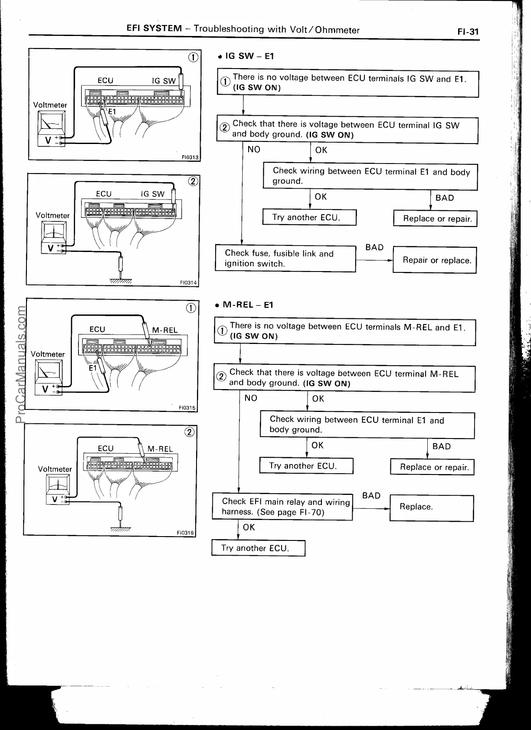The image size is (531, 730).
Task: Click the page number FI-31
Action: pyautogui.click(x=468, y=32)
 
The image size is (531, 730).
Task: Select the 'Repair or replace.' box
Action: pyautogui.click(x=434, y=260)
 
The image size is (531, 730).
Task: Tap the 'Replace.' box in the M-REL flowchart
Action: pyautogui.click(x=432, y=507)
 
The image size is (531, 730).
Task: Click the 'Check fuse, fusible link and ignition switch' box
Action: pyautogui.click(x=285, y=259)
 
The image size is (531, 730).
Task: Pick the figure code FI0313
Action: pyautogui.click(x=190, y=157)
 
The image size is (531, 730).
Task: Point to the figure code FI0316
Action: pyautogui.click(x=185, y=532)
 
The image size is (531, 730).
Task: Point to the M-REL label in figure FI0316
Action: pyautogui.click(x=160, y=449)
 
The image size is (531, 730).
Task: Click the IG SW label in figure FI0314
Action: pyautogui.click(x=153, y=194)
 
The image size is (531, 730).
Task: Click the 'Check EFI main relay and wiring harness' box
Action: pyautogui.click(x=282, y=507)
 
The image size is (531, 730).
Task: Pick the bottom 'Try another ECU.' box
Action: pyautogui.click(x=258, y=548)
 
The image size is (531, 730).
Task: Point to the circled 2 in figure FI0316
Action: pyautogui.click(x=190, y=432)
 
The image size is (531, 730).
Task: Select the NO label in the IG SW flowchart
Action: pyautogui.click(x=254, y=150)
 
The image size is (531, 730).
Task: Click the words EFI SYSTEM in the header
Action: pyautogui.click(x=154, y=29)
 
